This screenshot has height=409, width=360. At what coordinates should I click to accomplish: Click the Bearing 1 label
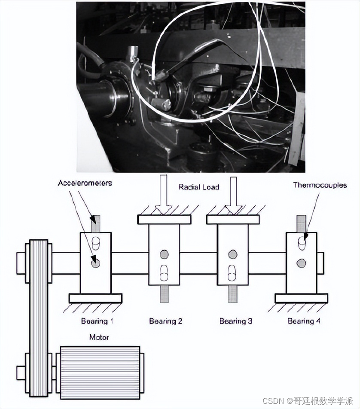point(97,321)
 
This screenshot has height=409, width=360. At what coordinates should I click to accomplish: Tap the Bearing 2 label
point(166,321)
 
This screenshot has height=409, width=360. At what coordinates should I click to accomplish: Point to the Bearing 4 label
point(304,321)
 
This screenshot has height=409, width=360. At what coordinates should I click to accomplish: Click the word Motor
point(99,337)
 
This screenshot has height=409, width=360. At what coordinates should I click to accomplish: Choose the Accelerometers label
point(85,183)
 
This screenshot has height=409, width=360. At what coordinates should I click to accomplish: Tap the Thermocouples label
point(320,185)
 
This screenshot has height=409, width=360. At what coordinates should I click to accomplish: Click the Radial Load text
point(199,187)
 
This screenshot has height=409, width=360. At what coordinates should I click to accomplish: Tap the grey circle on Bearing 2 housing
point(164,254)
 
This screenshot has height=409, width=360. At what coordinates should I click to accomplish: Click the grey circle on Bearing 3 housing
point(233,254)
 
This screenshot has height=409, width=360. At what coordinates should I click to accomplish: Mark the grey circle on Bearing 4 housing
point(302,262)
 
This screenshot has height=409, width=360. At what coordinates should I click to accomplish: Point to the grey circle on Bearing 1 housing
point(95,262)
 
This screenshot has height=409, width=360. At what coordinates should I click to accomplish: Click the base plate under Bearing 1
point(95,298)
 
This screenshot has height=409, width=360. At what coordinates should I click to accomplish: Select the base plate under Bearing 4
point(302,298)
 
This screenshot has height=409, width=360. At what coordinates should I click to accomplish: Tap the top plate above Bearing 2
point(164,219)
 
